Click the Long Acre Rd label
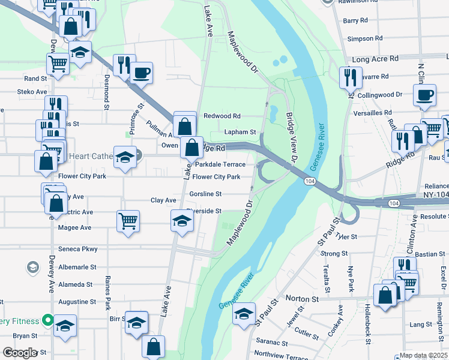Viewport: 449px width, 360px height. pos(376,59)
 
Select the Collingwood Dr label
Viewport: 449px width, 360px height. pos(379,95)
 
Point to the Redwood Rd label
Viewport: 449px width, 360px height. pos(221,116)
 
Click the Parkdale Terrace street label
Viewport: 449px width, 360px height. pos(219,164)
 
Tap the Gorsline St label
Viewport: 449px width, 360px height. pos(205,194)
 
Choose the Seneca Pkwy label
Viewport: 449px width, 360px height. pos(78,249)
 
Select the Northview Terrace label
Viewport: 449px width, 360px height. pos(282,355)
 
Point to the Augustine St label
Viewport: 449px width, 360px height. pos(77,302)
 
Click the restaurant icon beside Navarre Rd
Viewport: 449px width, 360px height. pos(349,77)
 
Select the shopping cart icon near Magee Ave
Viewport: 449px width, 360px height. pos(128,221)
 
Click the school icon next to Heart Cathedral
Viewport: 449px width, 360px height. pos(125,157)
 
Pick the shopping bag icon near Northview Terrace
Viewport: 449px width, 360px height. pos(154,346)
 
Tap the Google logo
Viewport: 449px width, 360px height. pos(20,353)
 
